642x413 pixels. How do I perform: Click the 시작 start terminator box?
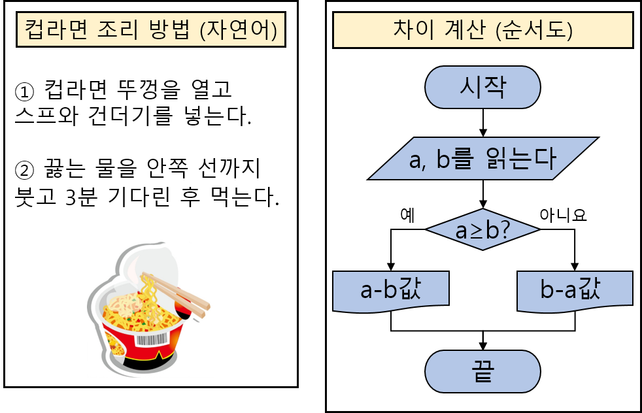(482, 88)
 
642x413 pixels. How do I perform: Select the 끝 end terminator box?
(482, 372)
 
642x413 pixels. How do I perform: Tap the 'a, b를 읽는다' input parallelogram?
(482, 159)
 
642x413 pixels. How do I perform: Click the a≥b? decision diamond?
(482, 230)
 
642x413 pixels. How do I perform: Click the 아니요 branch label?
(563, 215)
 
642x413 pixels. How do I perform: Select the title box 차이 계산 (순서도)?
(483, 31)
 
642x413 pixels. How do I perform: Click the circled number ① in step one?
(24, 90)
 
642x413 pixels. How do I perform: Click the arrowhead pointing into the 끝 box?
(482, 346)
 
